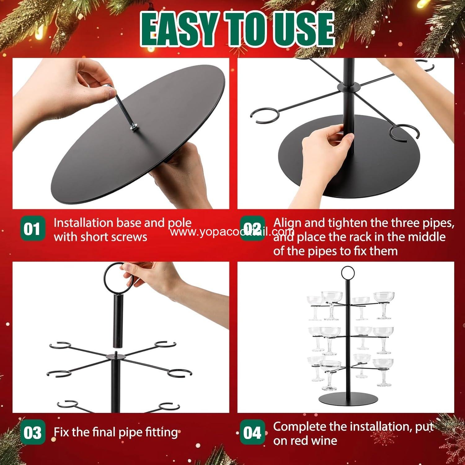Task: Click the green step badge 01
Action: click(32, 229)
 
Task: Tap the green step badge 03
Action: click(32, 433)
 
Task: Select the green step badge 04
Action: click(252, 433)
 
